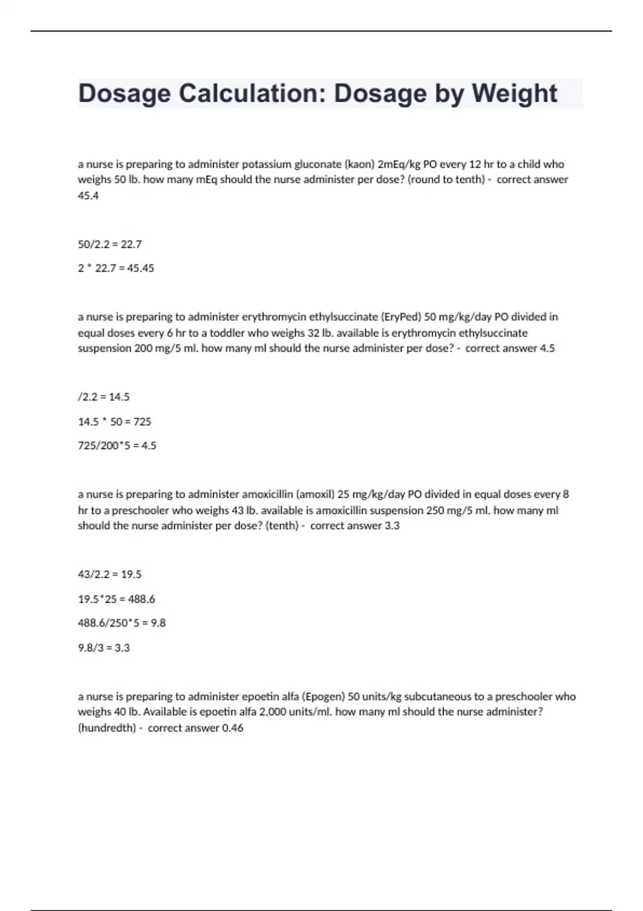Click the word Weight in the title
514,94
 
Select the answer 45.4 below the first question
88,196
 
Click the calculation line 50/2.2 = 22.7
110,244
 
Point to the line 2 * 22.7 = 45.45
116,268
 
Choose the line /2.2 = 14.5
103,397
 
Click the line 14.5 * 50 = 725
115,422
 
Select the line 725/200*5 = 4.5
117,446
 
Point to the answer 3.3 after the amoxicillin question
392,526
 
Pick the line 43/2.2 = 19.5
110,574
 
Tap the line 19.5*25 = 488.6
116,599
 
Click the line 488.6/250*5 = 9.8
122,623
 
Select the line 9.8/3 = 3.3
104,648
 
